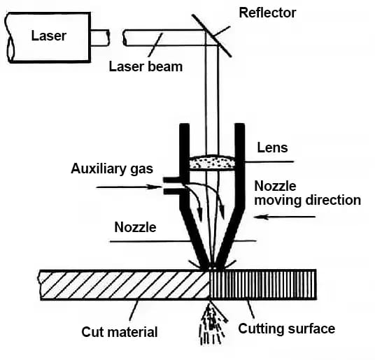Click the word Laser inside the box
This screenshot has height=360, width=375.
tap(49, 36)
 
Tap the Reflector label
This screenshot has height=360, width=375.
tap(268, 13)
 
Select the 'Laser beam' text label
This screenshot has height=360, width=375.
tap(146, 66)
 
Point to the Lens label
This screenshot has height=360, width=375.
tap(272, 147)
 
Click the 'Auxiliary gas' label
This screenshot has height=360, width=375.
tap(112, 169)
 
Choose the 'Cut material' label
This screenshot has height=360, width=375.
tap(120, 332)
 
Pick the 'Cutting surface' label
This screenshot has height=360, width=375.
tap(287, 329)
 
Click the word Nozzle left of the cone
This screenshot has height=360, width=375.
tap(135, 227)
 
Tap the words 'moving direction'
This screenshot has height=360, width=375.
tap(308, 200)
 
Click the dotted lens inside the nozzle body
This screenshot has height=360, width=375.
tap(212, 162)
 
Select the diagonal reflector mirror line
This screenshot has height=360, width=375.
tap(212, 36)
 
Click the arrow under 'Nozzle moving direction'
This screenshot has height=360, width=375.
tap(285, 217)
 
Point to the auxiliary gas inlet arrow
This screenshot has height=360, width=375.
tap(129, 187)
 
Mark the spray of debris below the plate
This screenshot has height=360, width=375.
tap(212, 324)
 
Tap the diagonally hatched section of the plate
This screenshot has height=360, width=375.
tap(125, 285)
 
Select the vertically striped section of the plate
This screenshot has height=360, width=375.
tap(263, 285)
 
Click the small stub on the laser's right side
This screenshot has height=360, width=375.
tap(100, 38)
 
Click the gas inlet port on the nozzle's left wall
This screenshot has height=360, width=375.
tap(172, 186)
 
